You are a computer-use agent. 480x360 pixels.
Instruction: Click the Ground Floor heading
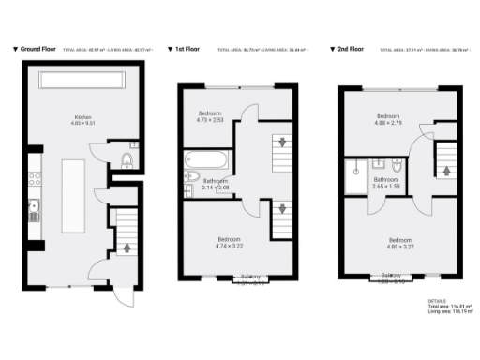39,48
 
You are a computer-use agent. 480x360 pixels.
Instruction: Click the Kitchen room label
83,120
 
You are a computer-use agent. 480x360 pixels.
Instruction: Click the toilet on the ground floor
128,162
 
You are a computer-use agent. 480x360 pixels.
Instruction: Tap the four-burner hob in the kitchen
34,175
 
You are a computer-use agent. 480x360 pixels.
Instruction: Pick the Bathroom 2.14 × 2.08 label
216,185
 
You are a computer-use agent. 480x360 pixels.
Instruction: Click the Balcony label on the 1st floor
249,277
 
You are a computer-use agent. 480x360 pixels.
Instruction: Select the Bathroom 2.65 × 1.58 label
386,182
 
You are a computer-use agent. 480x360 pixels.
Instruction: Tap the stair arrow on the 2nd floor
446,172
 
